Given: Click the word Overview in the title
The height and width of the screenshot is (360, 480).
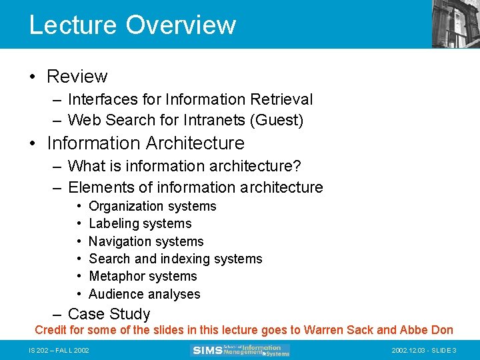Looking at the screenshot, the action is coord(181,25).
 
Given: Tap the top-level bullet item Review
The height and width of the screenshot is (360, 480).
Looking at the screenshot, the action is coord(77,77).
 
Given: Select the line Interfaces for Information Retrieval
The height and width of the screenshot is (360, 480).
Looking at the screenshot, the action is coord(190,99).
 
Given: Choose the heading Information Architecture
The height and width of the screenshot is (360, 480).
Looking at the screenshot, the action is coord(146,143).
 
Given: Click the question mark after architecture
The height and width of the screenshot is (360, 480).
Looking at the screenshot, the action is coord(306,165).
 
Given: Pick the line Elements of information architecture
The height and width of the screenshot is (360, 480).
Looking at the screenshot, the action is coord(195,187).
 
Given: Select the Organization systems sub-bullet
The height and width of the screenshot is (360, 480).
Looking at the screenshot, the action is coord(153,206).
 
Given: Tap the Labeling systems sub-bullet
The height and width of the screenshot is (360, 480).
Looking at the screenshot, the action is coord(140,223).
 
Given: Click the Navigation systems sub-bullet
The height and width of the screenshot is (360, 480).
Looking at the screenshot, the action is coord(146,241).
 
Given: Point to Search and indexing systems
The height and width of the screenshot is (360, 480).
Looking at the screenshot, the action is coord(175,259).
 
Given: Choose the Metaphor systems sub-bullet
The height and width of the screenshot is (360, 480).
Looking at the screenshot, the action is coord(143,276).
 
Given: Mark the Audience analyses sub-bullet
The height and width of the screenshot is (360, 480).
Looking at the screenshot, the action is coord(144,294).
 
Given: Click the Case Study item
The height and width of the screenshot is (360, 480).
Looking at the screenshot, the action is coord(109,314).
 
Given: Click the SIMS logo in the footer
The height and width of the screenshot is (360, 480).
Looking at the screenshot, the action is coord(240,350).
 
